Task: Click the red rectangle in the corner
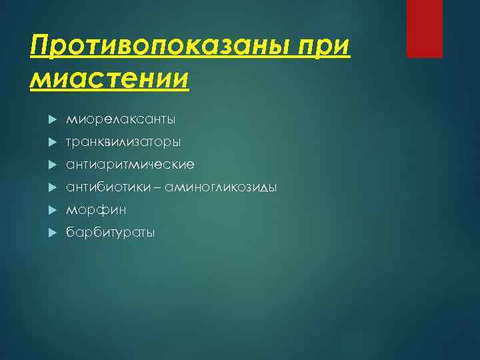click(x=425, y=29)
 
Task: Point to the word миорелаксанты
click(x=121, y=120)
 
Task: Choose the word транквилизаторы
click(x=123, y=142)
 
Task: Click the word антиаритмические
click(x=130, y=164)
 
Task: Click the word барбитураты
click(x=110, y=233)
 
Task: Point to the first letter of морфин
click(x=70, y=211)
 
